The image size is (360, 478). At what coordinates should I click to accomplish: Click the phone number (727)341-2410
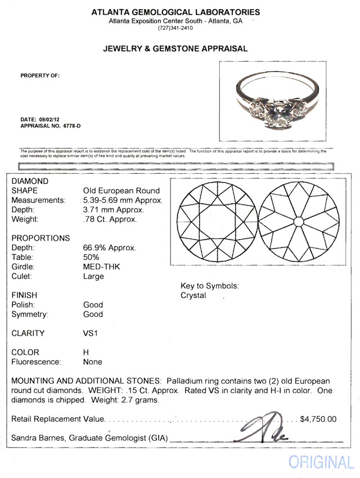click(x=175, y=28)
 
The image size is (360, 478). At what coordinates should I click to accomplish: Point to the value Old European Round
click(x=121, y=191)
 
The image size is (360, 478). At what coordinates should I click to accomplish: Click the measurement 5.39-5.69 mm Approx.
click(x=123, y=200)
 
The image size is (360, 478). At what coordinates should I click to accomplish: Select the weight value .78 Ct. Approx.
click(x=110, y=219)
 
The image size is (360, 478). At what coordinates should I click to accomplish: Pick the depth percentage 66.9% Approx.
click(x=110, y=247)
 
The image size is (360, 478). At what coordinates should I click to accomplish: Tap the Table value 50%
click(x=92, y=257)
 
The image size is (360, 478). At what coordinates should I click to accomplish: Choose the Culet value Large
click(x=93, y=276)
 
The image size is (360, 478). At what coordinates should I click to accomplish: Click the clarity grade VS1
click(x=91, y=333)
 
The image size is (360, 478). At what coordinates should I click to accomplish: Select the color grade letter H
click(x=86, y=353)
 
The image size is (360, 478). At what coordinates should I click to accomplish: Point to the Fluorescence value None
click(x=93, y=362)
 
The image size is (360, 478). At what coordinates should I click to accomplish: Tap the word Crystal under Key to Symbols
click(x=193, y=295)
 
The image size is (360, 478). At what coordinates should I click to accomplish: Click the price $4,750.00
click(x=318, y=419)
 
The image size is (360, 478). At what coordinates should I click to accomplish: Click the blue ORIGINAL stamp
click(x=321, y=462)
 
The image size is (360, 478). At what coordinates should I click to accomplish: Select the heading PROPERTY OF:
click(x=40, y=75)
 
